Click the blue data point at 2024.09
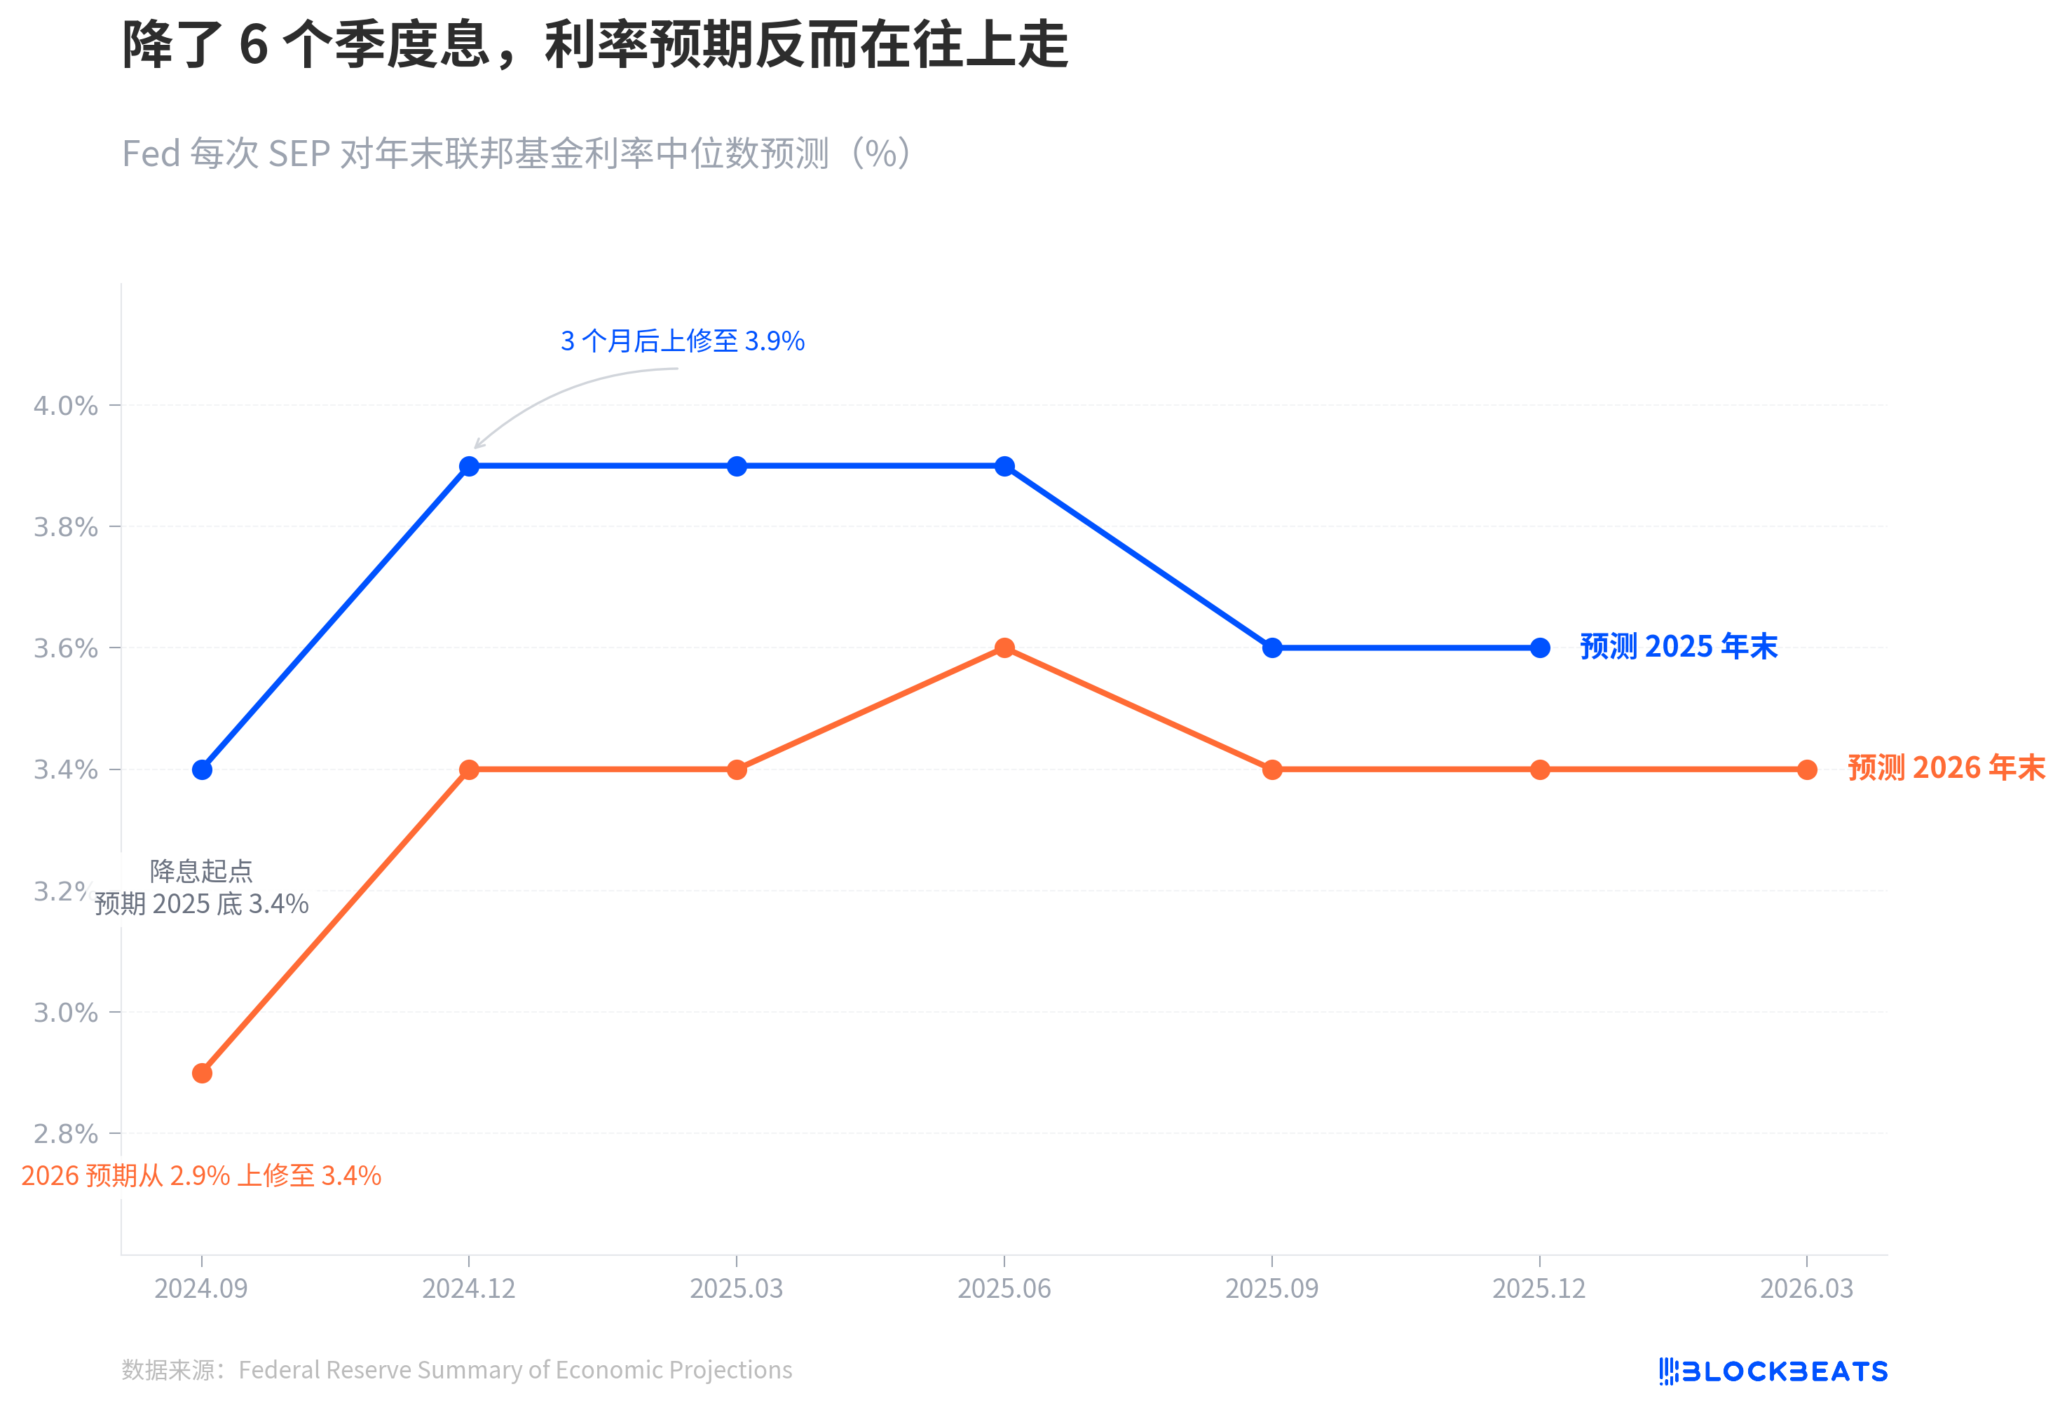(x=202, y=769)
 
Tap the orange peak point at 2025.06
(x=1004, y=648)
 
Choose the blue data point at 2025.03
(x=737, y=466)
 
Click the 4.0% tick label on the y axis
(x=65, y=406)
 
